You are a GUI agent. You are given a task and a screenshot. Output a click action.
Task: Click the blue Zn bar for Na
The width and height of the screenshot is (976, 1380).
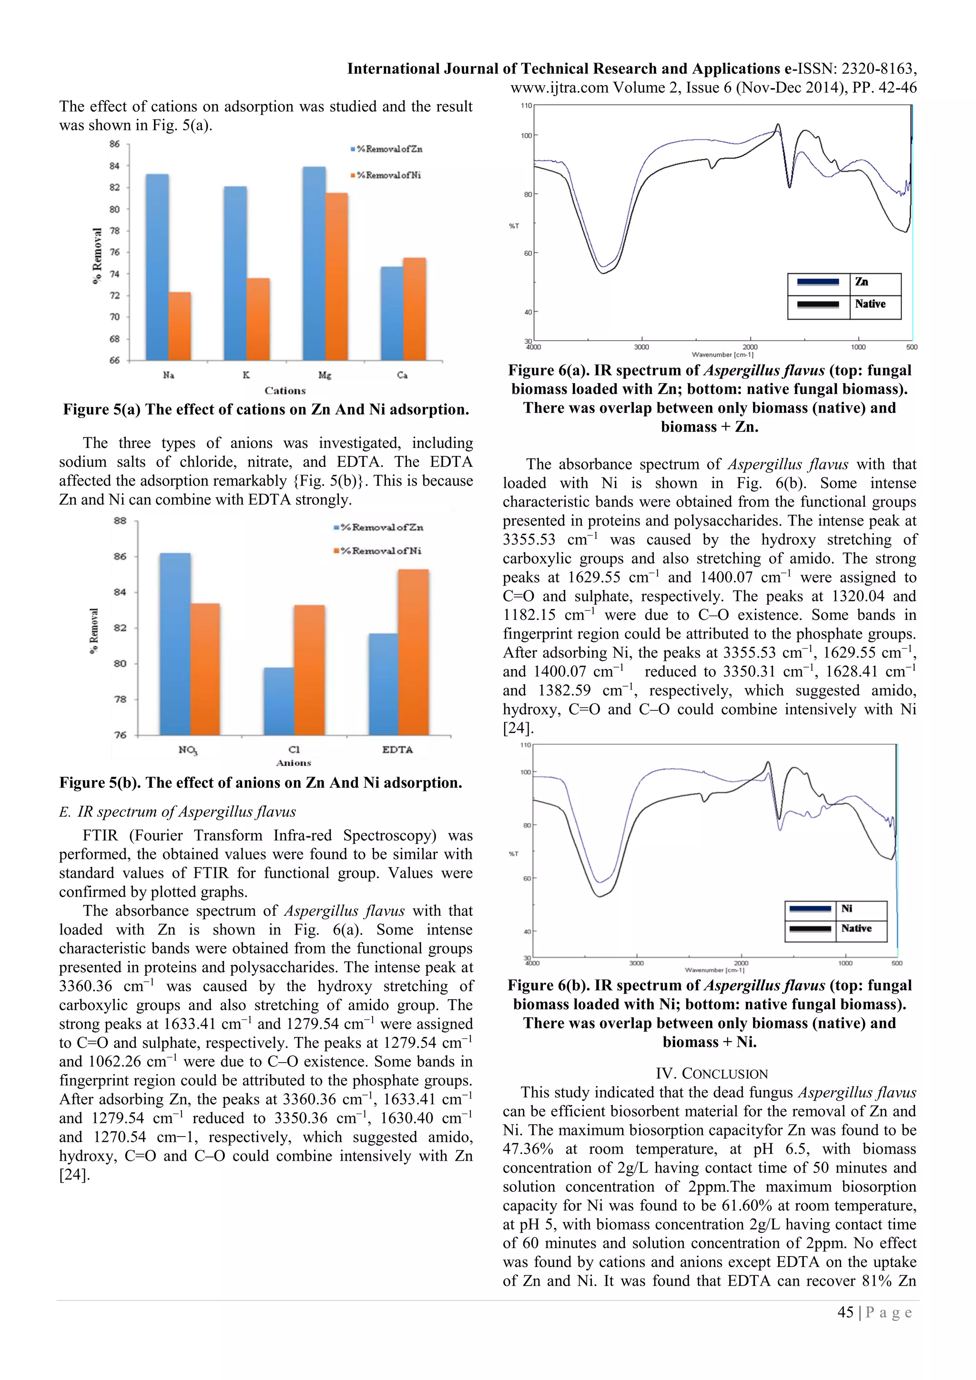point(157,267)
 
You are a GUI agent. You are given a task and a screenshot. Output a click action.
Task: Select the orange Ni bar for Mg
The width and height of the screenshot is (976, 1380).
point(336,276)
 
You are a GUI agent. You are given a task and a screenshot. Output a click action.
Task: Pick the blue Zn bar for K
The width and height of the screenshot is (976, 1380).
point(235,273)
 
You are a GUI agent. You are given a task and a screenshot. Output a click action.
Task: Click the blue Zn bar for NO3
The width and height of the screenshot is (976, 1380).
point(175,644)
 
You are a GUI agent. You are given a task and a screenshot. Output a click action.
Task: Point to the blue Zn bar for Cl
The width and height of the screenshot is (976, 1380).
point(279,701)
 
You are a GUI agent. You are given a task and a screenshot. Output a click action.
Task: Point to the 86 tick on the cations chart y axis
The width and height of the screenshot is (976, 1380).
point(115,144)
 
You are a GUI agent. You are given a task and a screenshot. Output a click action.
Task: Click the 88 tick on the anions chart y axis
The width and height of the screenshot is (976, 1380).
point(120,520)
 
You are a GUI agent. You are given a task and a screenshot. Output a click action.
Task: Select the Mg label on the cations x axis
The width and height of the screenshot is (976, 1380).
point(325,375)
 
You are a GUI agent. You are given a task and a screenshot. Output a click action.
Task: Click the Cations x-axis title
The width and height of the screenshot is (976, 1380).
point(285,391)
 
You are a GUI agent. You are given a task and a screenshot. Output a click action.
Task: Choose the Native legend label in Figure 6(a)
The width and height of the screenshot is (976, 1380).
point(870,304)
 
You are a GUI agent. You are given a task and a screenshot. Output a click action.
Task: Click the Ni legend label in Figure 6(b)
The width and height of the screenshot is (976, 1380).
point(847,908)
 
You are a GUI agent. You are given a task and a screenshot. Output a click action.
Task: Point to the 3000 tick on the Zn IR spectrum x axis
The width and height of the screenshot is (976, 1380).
point(641,347)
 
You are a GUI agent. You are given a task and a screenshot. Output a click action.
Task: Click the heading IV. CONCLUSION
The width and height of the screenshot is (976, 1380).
point(712,1074)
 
